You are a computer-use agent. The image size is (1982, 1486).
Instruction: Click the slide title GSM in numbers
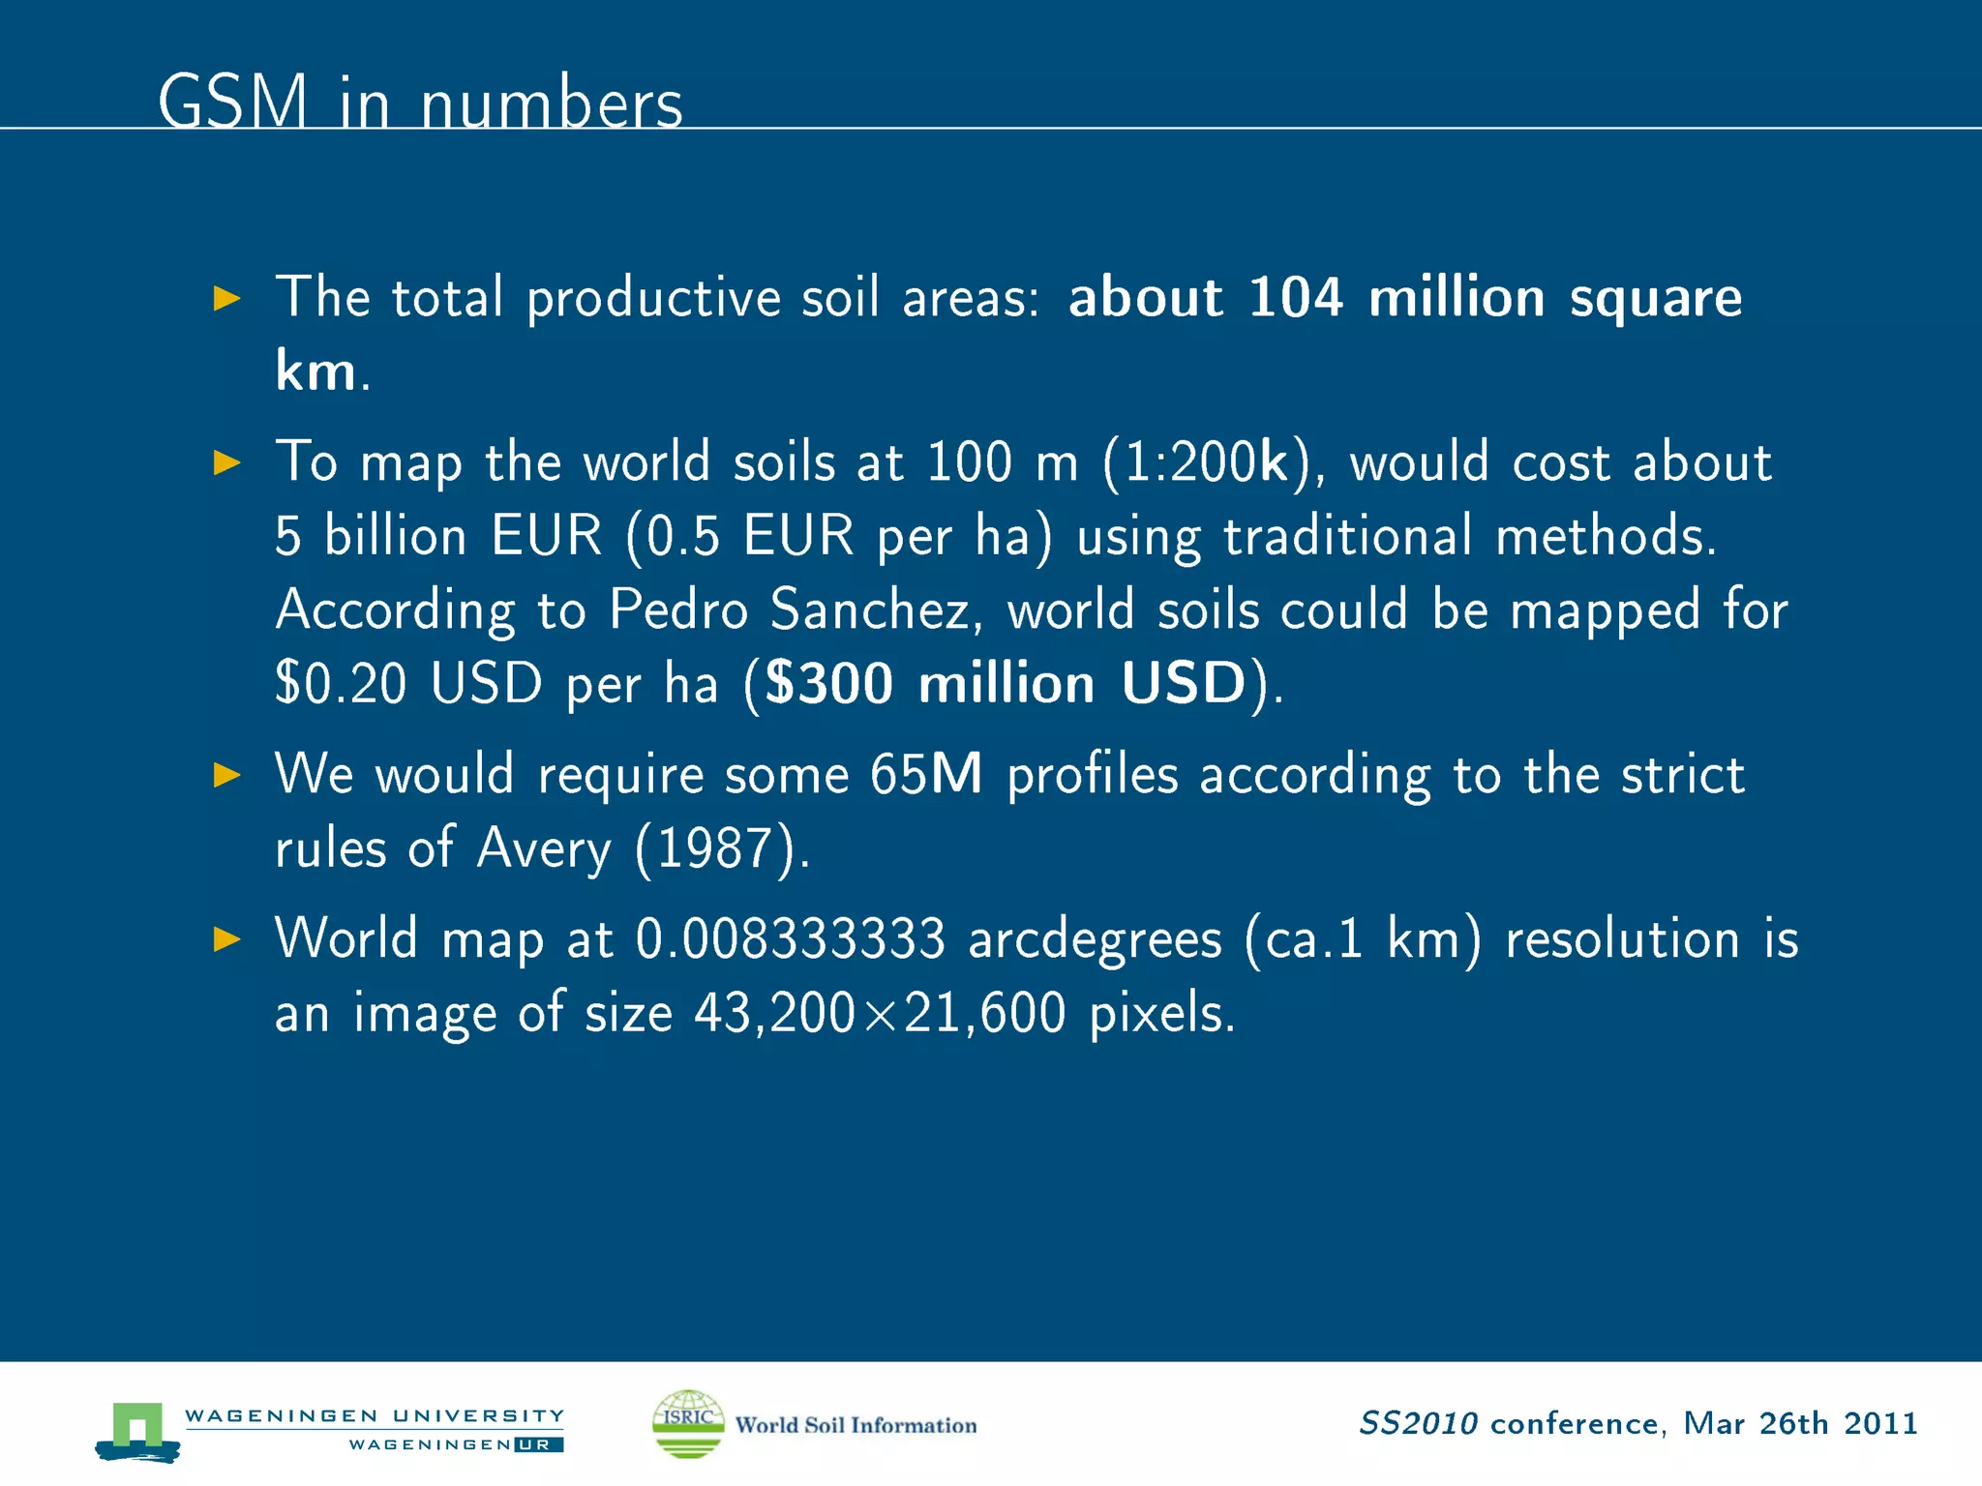click(420, 102)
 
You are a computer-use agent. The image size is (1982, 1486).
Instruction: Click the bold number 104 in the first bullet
click(1295, 297)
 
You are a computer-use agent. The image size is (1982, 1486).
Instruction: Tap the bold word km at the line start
click(315, 371)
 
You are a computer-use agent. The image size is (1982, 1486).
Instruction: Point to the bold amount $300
click(828, 684)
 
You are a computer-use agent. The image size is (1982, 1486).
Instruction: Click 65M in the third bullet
click(925, 775)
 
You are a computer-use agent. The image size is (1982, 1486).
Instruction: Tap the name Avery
click(544, 849)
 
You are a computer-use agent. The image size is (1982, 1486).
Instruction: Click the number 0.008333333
click(790, 939)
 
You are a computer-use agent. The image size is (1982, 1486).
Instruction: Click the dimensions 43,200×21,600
click(880, 1014)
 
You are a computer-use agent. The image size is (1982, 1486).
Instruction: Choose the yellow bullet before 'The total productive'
click(226, 298)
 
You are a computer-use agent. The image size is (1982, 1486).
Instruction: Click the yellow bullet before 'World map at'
click(226, 939)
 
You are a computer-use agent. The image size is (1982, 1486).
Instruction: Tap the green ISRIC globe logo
click(688, 1423)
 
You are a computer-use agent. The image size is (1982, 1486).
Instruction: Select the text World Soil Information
click(856, 1425)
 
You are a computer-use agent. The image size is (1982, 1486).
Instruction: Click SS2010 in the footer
click(1418, 1423)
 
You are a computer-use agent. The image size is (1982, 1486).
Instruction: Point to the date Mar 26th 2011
click(1800, 1423)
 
